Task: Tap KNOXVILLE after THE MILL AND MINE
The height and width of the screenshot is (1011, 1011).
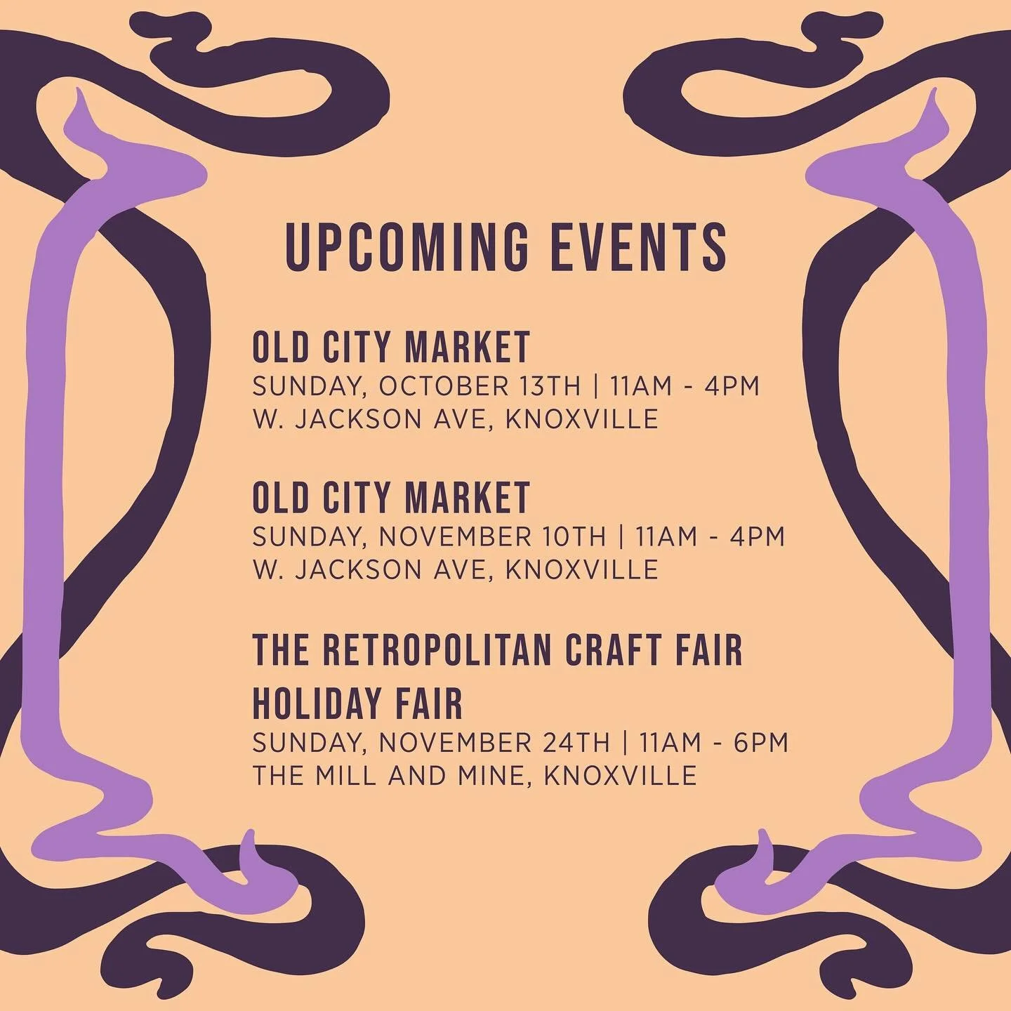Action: click(621, 775)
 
